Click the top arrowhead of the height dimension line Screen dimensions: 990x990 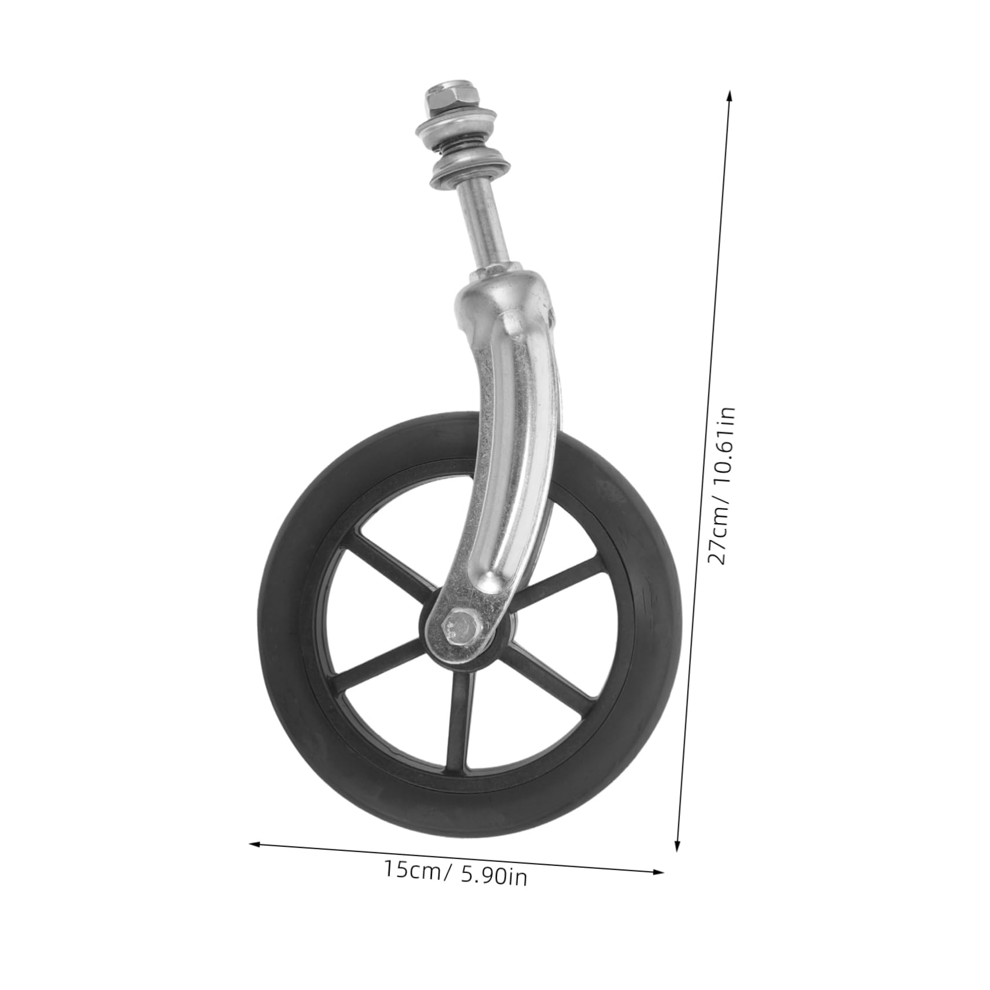(x=729, y=95)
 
